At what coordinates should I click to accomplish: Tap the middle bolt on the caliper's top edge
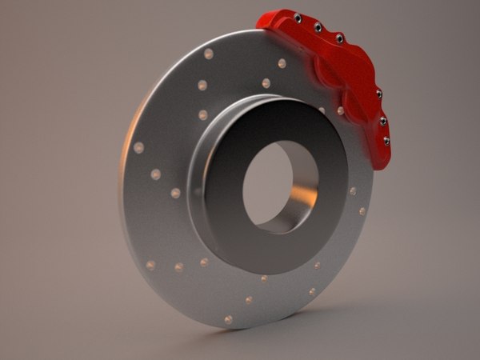coord(318,27)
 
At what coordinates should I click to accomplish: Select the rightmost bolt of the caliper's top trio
coord(338,38)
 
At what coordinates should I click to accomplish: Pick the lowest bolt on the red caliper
coord(387,141)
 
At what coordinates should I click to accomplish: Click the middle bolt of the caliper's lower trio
coord(383,121)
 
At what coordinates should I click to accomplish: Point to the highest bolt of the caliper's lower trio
coord(378,94)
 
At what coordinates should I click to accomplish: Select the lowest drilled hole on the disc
coord(229,319)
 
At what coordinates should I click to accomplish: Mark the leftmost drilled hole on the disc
coord(138,148)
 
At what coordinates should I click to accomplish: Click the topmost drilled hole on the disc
coord(209,54)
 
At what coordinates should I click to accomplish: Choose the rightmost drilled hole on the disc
coord(362,211)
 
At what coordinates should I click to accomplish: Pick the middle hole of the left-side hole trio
coord(155,174)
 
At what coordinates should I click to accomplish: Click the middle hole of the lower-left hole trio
coord(178,267)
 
